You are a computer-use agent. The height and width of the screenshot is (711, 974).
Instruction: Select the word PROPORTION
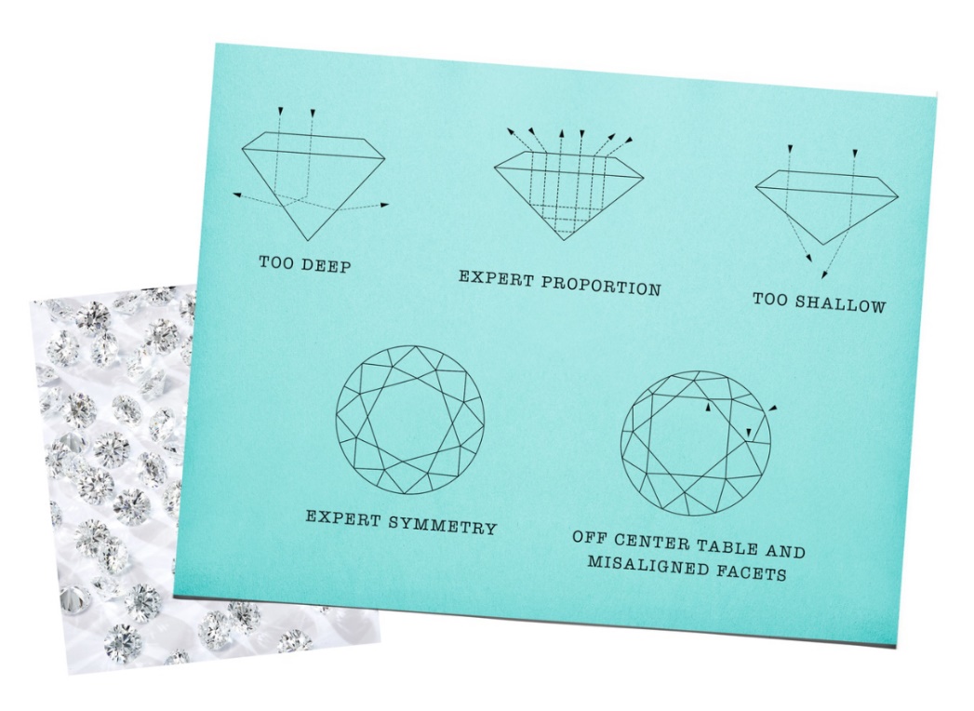(x=601, y=286)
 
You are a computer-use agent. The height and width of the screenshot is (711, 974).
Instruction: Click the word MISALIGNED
(x=647, y=565)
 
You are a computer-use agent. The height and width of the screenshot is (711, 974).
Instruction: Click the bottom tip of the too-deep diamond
(x=308, y=241)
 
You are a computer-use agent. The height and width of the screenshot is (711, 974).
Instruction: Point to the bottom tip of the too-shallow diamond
(x=823, y=245)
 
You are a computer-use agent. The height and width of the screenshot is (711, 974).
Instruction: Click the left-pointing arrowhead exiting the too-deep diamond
(x=236, y=195)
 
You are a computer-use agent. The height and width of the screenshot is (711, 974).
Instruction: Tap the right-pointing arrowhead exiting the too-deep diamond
(x=385, y=205)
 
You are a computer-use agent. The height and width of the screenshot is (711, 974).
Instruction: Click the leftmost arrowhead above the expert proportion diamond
(x=511, y=131)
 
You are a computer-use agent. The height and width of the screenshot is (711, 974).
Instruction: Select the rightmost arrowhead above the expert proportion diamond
(x=629, y=141)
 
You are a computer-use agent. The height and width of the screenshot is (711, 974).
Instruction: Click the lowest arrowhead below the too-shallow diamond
(x=824, y=275)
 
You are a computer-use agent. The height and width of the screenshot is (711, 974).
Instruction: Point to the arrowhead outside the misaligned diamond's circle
(x=772, y=408)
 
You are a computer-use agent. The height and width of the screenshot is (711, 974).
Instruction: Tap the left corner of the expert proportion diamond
(x=495, y=167)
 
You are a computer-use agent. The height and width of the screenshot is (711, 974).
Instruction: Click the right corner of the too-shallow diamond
(x=899, y=197)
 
